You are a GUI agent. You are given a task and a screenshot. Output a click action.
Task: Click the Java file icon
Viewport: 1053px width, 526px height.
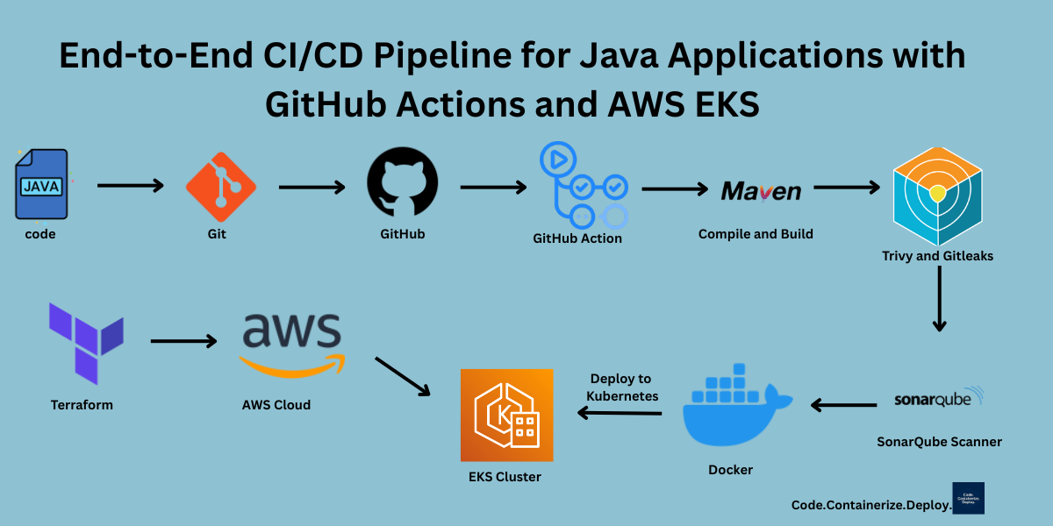(x=41, y=185)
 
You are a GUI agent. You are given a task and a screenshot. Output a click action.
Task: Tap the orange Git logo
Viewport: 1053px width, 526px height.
(x=220, y=186)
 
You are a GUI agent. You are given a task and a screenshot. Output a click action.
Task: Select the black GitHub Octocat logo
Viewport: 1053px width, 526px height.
(x=402, y=185)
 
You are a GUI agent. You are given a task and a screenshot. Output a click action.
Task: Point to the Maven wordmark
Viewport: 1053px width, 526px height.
(x=761, y=191)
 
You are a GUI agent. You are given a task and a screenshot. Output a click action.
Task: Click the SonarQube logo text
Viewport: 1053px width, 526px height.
(x=938, y=399)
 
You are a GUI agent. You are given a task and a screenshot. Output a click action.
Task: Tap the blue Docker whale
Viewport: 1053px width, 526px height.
(x=734, y=412)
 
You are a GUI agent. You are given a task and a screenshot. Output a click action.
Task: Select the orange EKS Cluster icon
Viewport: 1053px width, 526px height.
(x=506, y=415)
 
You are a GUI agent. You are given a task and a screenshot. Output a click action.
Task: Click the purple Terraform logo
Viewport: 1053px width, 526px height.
(x=86, y=342)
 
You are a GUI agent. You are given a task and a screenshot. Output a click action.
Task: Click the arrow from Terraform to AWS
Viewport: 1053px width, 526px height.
(x=183, y=340)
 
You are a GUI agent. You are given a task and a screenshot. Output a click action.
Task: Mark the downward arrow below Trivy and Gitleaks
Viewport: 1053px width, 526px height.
(x=940, y=298)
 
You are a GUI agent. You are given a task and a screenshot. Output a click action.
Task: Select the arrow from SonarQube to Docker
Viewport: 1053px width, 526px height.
(x=843, y=405)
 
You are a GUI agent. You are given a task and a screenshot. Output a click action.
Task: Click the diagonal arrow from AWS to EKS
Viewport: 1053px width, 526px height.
(x=403, y=376)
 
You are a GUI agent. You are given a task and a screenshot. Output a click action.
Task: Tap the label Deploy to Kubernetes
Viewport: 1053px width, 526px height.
(x=621, y=387)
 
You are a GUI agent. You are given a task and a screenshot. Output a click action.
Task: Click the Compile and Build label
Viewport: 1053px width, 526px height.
(x=756, y=234)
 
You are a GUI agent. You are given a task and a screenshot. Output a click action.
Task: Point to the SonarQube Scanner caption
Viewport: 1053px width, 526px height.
(x=939, y=442)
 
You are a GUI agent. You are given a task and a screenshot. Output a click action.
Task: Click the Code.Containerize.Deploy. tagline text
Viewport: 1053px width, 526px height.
(x=870, y=505)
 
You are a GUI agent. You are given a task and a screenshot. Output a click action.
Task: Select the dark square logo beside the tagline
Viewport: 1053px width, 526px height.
(x=968, y=498)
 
